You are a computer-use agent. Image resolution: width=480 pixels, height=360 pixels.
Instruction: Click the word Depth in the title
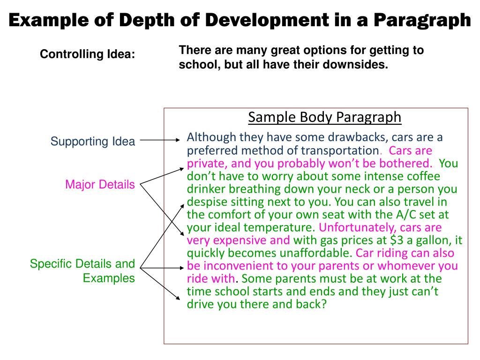(x=141, y=20)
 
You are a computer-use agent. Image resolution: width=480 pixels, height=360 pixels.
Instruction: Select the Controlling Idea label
(x=88, y=54)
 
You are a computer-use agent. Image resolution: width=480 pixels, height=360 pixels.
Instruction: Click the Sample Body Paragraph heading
(x=324, y=117)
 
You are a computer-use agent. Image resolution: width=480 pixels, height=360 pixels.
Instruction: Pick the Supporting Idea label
(x=93, y=141)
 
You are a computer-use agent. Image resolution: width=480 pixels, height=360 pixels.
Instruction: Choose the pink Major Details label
(x=100, y=185)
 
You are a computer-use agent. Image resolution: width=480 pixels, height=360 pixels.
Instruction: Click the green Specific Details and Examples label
(x=82, y=270)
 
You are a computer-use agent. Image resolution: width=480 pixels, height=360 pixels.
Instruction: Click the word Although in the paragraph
(x=211, y=137)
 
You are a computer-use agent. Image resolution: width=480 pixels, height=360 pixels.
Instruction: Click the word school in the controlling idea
(x=194, y=65)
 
